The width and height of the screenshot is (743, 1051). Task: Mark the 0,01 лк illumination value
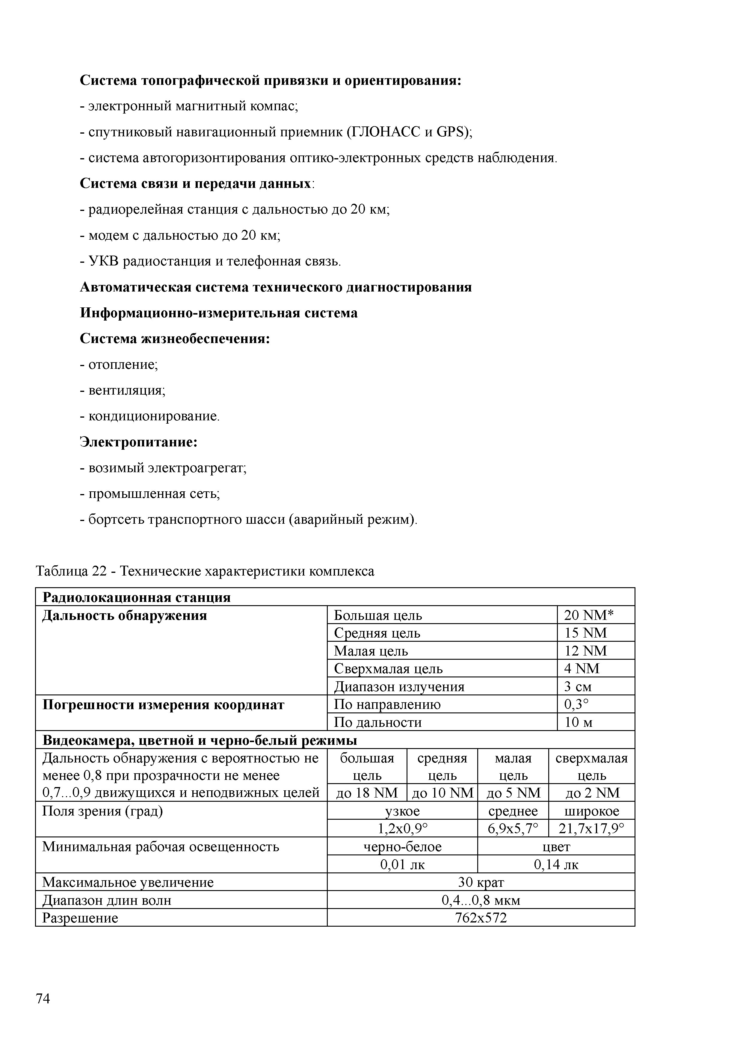[x=402, y=865]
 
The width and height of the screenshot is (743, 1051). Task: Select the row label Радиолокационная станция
[x=136, y=597]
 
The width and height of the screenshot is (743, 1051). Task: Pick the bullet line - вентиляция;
[x=123, y=390]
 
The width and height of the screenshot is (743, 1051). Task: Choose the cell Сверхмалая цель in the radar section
[x=388, y=669]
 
